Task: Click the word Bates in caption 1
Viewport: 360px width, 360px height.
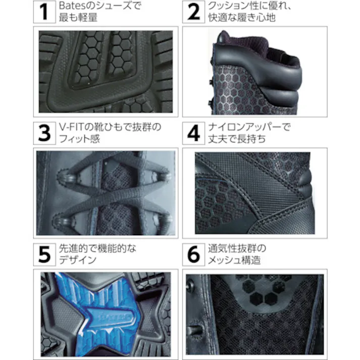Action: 69,7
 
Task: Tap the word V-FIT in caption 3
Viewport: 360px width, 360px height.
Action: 70,126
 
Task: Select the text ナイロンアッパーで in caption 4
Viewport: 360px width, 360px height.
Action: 247,126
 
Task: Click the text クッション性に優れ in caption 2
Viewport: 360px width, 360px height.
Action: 242,7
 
